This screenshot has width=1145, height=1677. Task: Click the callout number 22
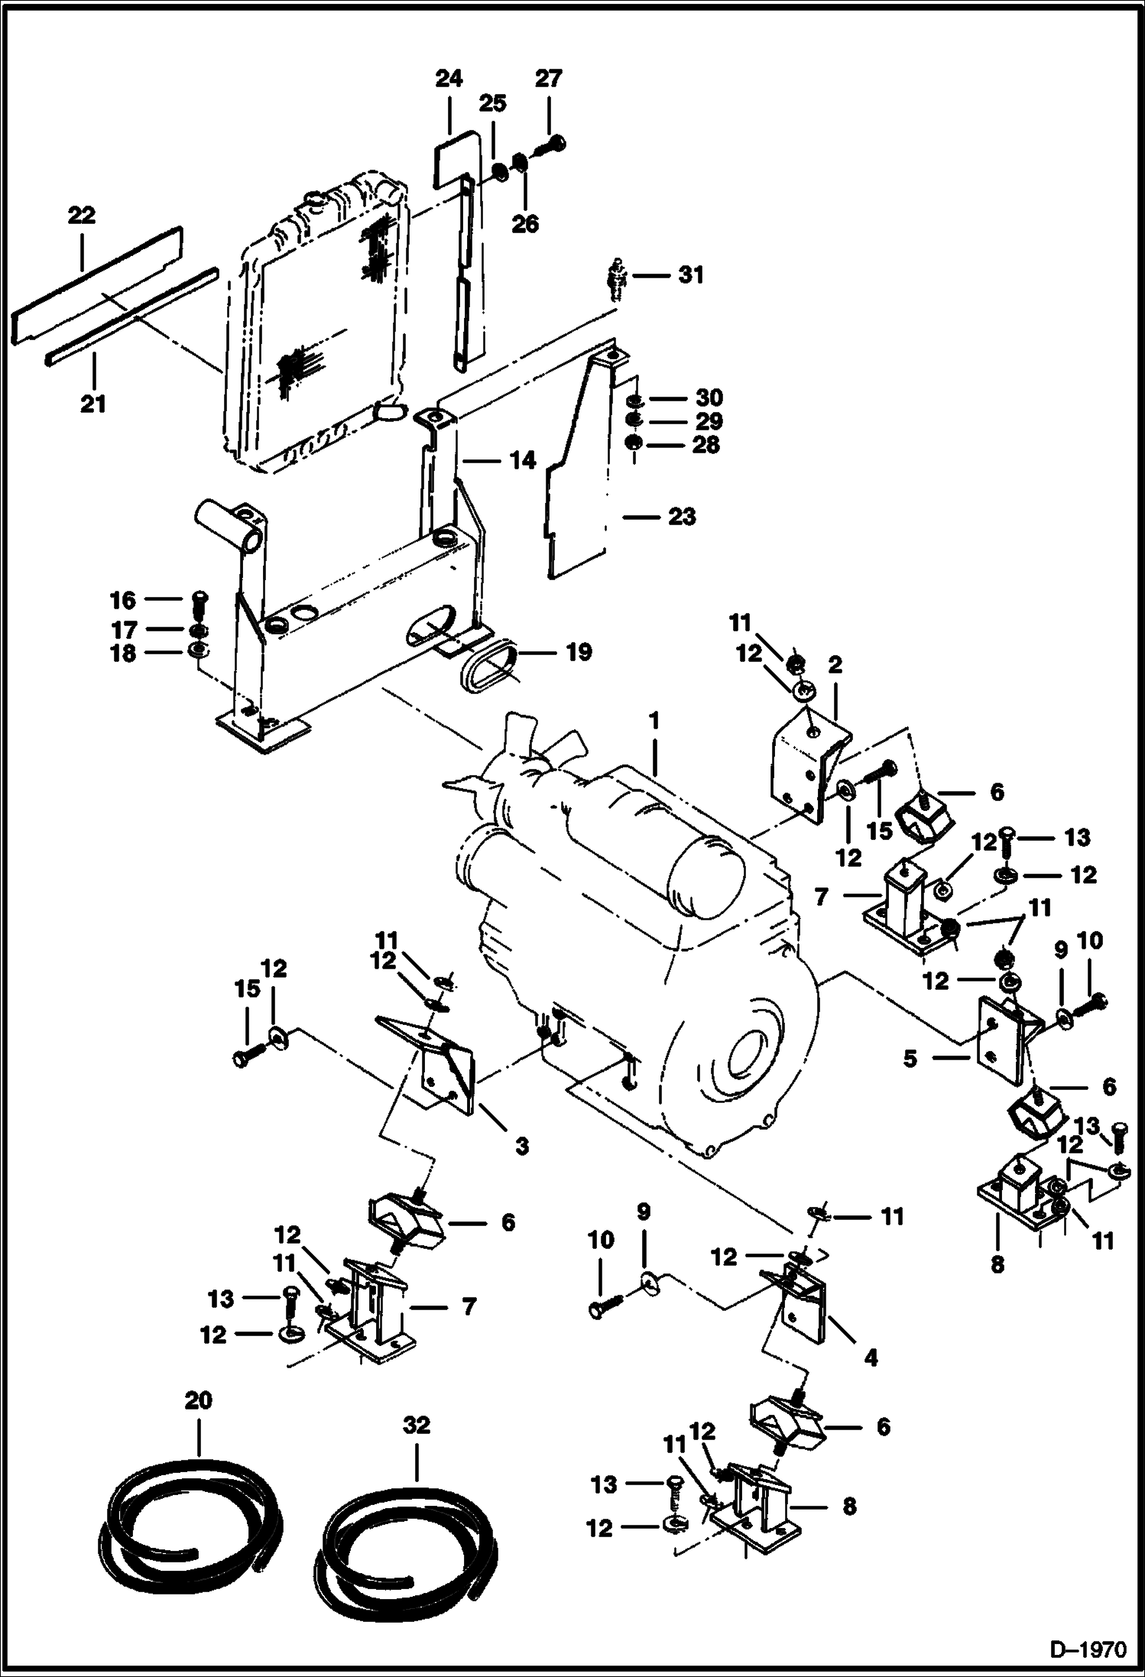[82, 216]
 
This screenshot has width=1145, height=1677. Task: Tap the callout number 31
[692, 274]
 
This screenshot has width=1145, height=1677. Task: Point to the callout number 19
[579, 652]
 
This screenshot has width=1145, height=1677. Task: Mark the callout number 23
[682, 517]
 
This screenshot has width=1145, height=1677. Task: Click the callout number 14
[523, 460]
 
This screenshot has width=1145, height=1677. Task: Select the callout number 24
[449, 79]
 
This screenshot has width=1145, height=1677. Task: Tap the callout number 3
[521, 1146]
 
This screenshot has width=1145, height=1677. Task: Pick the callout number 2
[835, 665]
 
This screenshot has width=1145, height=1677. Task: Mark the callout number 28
[705, 445]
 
